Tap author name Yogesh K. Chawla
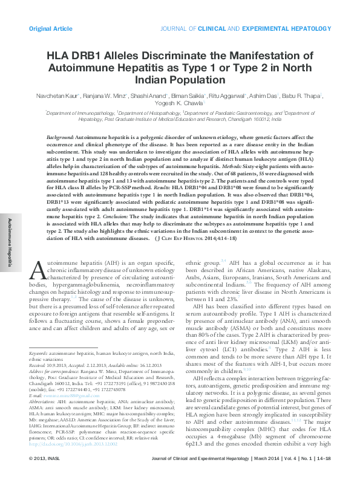coord(178,103)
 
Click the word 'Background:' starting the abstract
coord(61,138)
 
